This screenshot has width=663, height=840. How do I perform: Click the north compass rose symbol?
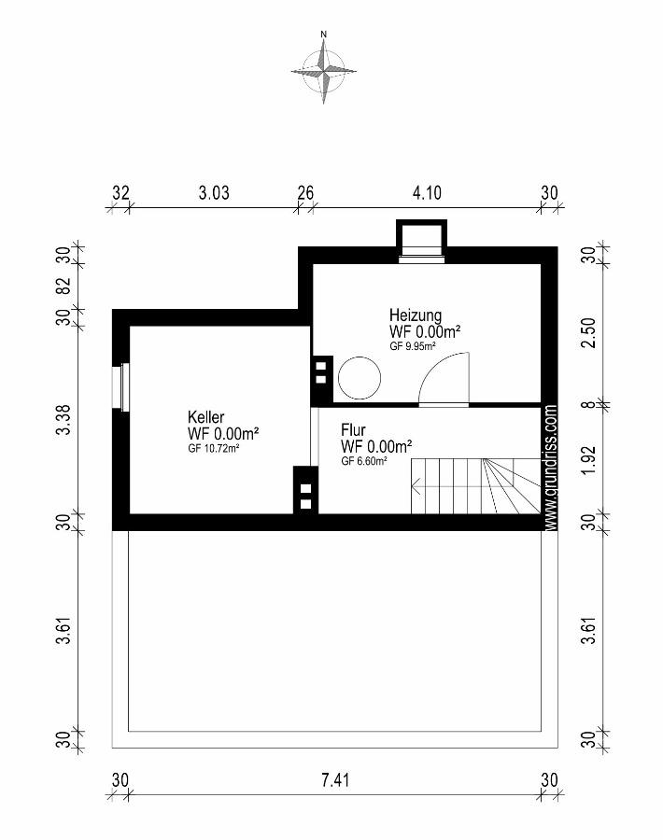[324, 68]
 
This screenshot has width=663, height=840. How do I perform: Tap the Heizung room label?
[416, 315]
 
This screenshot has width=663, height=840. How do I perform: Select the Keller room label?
[205, 417]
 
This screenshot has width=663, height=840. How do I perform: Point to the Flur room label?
[353, 429]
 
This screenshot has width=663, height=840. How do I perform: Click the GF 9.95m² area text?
[412, 346]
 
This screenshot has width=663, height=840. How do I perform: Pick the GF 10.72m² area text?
[213, 449]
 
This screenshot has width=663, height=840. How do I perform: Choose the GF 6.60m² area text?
[364, 461]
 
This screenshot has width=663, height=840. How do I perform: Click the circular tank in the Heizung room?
[360, 378]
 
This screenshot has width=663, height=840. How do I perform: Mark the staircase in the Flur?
[476, 486]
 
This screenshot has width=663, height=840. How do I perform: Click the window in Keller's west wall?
[121, 387]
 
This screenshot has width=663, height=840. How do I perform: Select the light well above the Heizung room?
[421, 241]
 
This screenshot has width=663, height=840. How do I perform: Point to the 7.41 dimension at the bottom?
[335, 779]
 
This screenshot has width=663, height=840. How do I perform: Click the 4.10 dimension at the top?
[427, 192]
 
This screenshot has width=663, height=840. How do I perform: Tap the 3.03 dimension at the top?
[214, 192]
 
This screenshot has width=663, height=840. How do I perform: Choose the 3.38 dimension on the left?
[63, 420]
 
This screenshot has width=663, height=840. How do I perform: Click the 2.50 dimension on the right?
[588, 332]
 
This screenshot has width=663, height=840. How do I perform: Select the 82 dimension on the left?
[63, 286]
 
